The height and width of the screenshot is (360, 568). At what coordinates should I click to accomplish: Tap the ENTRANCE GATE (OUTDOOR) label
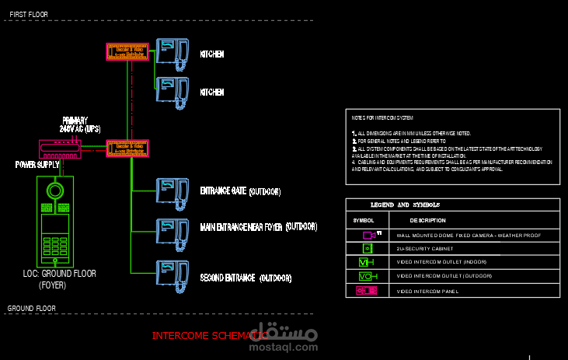pos(240,190)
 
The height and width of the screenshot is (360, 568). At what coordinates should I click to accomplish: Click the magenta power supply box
pos(61,148)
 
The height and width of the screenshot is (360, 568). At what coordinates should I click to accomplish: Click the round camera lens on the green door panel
pos(55,190)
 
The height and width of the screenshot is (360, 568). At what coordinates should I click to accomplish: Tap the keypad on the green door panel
pos(55,248)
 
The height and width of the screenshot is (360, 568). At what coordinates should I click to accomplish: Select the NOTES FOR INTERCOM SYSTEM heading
pos(382,118)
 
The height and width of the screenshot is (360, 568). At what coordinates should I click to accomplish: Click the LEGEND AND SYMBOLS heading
pos(405,205)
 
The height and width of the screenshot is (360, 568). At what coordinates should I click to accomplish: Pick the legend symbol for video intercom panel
pos(366,291)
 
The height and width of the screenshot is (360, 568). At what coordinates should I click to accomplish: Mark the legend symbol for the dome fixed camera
pos(369,234)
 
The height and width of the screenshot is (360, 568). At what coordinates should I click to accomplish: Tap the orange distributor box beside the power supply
pos(127,148)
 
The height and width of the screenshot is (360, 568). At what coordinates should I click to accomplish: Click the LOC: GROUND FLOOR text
pos(59,274)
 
